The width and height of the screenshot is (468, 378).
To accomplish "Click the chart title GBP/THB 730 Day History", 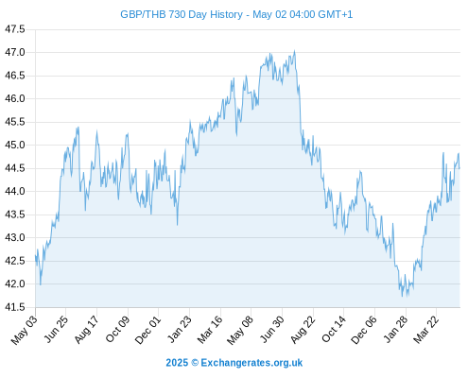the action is coord(182,14).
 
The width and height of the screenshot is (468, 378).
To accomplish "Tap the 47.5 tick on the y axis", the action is coord(15,29).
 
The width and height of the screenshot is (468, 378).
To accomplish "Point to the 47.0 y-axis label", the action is coord(15,52).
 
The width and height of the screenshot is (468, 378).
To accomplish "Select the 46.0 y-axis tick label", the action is coord(15,98).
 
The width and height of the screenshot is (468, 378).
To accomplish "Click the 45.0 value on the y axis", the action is coord(15,145).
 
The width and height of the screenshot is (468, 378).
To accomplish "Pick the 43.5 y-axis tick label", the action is coord(15,215).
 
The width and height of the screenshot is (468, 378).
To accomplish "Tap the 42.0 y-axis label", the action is coord(15,283).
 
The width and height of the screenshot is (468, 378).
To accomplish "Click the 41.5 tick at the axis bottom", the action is coord(15,307).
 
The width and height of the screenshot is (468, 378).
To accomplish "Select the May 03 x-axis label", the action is coord(25,330).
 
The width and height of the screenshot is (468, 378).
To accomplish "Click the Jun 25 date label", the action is coord(56,329).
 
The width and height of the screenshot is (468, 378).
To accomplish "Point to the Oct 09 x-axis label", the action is coord(117,329).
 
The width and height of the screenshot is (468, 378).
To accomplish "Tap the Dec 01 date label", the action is coord(147,330).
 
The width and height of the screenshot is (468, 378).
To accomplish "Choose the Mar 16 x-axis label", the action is coord(210,330).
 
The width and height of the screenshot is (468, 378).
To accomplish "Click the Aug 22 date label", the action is coord(303,330).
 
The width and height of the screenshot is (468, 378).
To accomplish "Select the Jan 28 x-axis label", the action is coord(396,329).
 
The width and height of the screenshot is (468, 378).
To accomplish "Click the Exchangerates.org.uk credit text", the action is coord(251,363).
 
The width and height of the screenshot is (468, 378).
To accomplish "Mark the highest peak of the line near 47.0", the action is coord(295,50).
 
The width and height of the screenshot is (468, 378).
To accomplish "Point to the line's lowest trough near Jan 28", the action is coord(402,297).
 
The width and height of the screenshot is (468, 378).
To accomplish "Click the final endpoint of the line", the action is coord(459,168).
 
